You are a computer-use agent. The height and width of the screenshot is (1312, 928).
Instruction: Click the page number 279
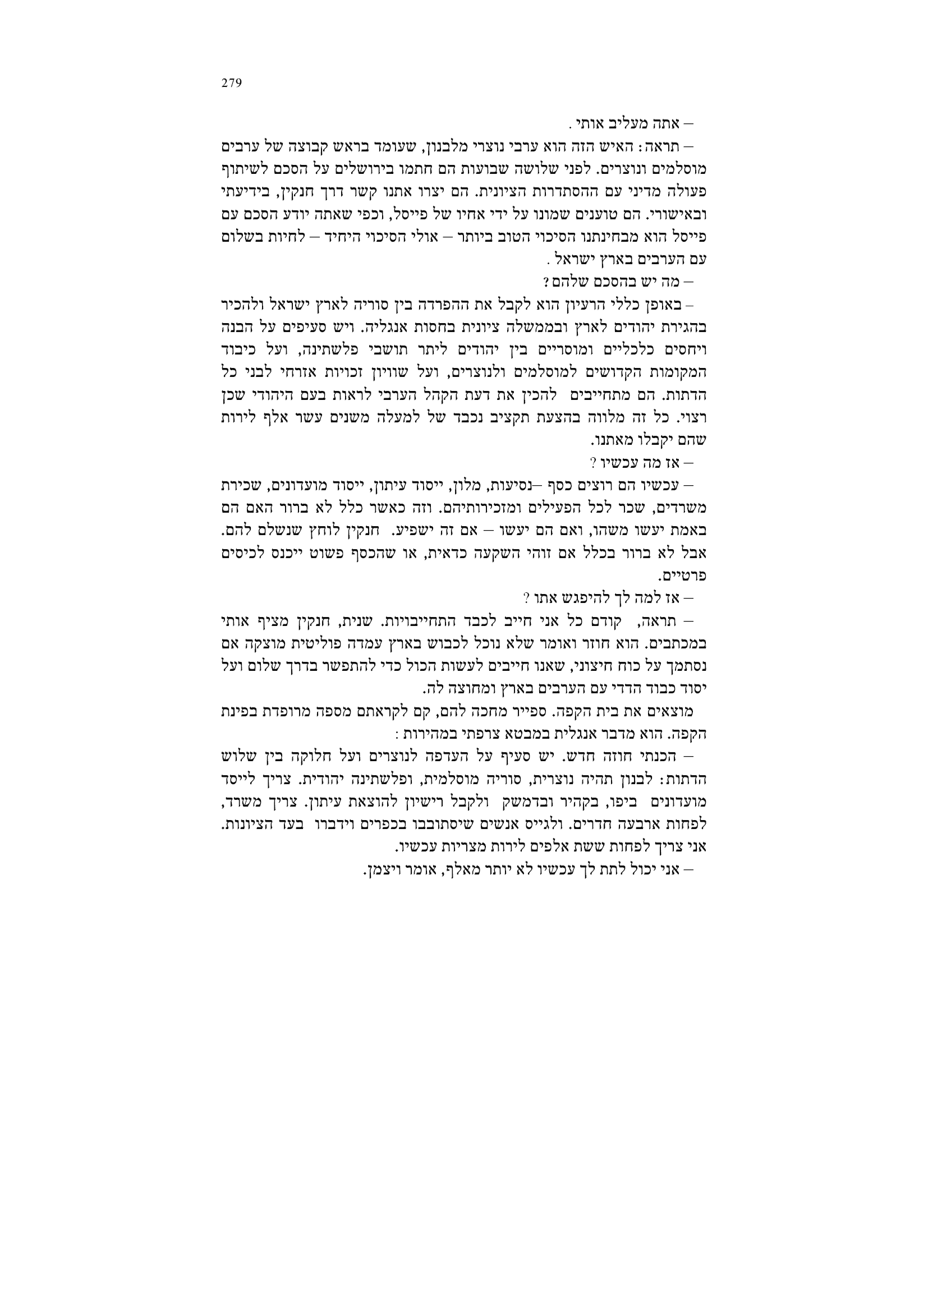[231, 83]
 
